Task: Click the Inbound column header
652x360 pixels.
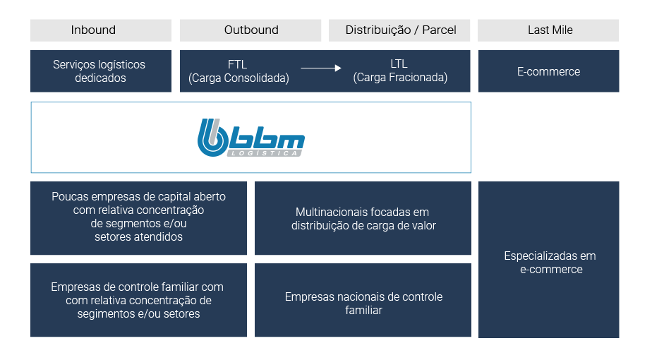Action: pyautogui.click(x=101, y=30)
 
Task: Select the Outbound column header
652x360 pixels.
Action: pyautogui.click(x=250, y=30)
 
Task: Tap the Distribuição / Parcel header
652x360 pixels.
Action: pyautogui.click(x=399, y=30)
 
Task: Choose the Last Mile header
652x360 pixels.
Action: pyautogui.click(x=548, y=30)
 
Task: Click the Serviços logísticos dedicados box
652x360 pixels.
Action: pyautogui.click(x=101, y=71)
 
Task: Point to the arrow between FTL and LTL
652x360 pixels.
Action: pyautogui.click(x=321, y=68)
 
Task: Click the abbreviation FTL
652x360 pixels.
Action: pyautogui.click(x=237, y=64)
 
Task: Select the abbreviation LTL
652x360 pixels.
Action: pyautogui.click(x=399, y=64)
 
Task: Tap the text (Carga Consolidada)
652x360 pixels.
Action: pyautogui.click(x=239, y=78)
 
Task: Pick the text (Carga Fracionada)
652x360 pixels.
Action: pyautogui.click(x=400, y=77)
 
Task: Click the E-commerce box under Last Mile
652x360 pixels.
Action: pyautogui.click(x=548, y=71)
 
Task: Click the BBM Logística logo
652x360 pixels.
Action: pyautogui.click(x=251, y=138)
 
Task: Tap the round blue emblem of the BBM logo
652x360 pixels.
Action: pyautogui.click(x=213, y=138)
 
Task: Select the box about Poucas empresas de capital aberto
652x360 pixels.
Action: pyautogui.click(x=138, y=218)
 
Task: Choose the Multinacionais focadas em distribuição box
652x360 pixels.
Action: pyautogui.click(x=363, y=218)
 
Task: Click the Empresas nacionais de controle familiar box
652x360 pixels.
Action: pyautogui.click(x=363, y=300)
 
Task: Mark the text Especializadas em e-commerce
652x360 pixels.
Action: pyautogui.click(x=550, y=262)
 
